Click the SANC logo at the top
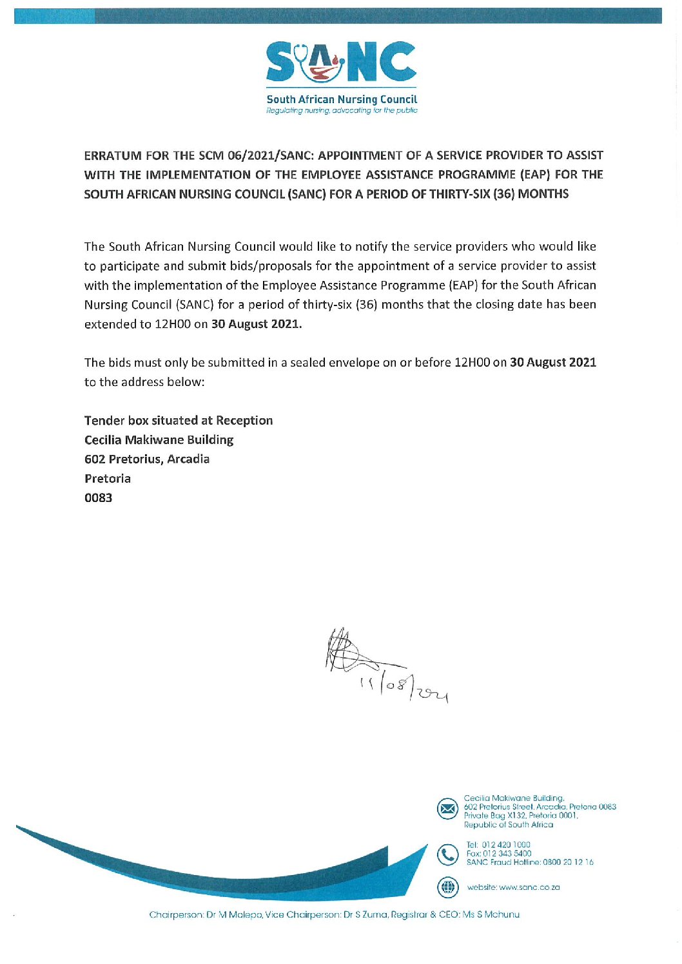tap(341, 63)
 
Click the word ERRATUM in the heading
tap(113, 155)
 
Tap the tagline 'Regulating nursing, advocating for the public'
tap(342, 111)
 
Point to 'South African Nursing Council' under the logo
tap(342, 99)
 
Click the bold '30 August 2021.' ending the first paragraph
tap(257, 324)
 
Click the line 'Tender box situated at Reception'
tap(179, 421)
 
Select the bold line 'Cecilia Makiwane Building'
tap(159, 440)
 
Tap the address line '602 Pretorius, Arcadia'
tap(147, 459)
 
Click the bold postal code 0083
tap(98, 498)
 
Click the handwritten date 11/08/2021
tap(404, 689)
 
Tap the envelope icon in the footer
tap(447, 808)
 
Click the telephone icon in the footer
tap(447, 854)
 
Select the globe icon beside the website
tap(447, 887)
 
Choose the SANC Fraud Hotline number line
tap(530, 862)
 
